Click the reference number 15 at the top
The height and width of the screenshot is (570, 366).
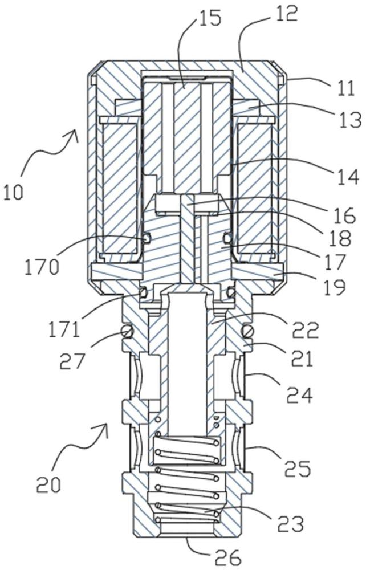point(209,17)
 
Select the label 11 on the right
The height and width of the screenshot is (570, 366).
point(344,88)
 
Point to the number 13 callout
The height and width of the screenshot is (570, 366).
point(351,119)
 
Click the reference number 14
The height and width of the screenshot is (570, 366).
point(347,177)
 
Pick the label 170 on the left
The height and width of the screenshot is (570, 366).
point(42,268)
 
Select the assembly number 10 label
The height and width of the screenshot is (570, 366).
point(14,192)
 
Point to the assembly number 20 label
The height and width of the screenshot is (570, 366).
point(48,485)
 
